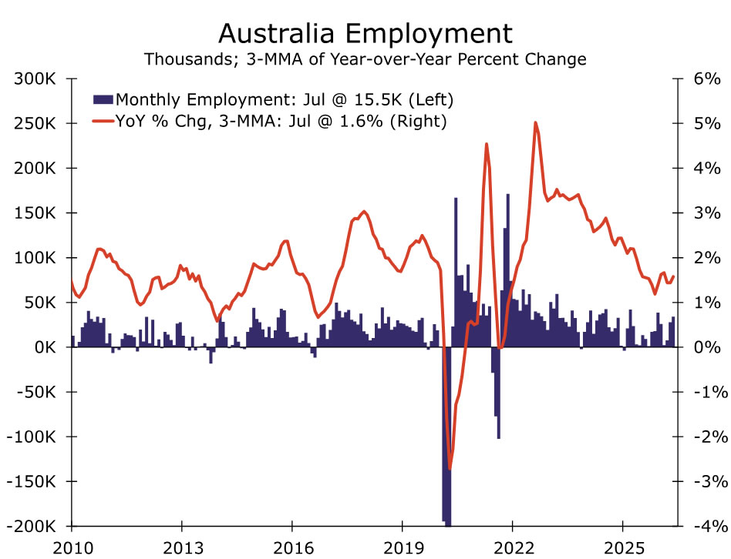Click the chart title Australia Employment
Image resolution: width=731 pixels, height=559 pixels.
[365, 34]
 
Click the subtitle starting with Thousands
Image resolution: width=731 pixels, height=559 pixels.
[365, 59]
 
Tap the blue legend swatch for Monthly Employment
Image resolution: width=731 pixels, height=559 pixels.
[103, 99]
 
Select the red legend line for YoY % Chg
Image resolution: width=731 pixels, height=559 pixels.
[103, 122]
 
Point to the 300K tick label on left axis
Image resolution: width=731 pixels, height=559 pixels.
[35, 79]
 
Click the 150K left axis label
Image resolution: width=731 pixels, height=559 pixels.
[35, 213]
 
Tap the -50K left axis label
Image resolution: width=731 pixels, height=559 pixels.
[35, 392]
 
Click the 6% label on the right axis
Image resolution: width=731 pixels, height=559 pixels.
[707, 79]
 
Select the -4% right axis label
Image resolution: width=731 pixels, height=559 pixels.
[710, 526]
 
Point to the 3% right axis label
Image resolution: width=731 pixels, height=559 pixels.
[707, 213]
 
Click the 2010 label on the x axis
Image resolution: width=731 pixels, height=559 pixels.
[72, 548]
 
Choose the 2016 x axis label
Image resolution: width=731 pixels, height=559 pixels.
[293, 548]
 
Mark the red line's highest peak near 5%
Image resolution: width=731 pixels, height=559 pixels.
[535, 123]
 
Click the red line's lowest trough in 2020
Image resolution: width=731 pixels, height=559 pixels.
[450, 469]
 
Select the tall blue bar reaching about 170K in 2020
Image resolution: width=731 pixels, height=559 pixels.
[456, 273]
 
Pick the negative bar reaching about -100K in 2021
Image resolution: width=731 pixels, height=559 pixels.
[499, 393]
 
